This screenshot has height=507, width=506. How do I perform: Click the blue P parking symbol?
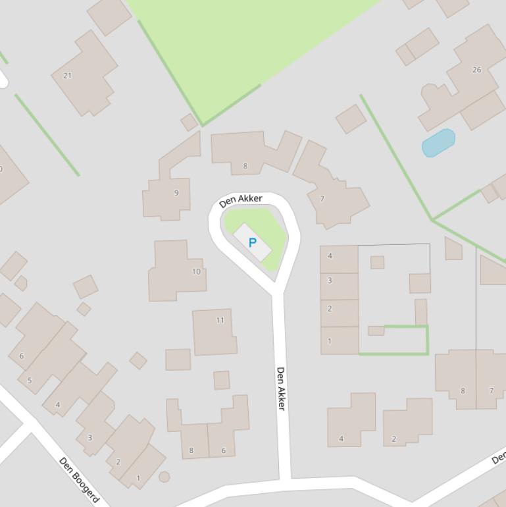(252, 243)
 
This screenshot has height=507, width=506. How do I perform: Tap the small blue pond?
(438, 143)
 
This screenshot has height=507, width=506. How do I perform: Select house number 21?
(67, 76)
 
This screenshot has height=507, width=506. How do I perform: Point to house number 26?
(476, 69)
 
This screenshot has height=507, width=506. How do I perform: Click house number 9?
(176, 193)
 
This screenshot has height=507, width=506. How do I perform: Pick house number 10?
(196, 271)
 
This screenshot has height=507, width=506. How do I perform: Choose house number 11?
(220, 320)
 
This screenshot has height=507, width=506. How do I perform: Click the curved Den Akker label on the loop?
(241, 200)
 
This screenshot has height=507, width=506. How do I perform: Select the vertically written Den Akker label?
(281, 388)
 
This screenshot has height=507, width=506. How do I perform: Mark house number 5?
(29, 381)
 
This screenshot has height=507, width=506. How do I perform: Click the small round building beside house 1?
(164, 476)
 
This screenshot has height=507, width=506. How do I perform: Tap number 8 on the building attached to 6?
(191, 450)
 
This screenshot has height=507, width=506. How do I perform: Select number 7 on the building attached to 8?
(491, 390)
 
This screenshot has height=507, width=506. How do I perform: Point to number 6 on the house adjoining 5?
(21, 356)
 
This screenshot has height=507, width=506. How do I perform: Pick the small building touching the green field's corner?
(189, 122)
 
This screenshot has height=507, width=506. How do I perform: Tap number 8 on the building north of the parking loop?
(245, 166)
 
